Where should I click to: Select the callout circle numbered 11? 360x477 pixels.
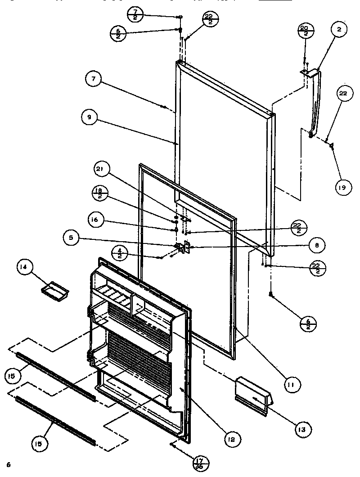coord(292,384)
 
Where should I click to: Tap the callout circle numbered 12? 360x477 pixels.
coord(234,438)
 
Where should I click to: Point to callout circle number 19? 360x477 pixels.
coord(343,187)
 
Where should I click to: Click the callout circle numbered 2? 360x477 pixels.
coord(339,30)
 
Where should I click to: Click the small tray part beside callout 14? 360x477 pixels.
coord(55,289)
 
